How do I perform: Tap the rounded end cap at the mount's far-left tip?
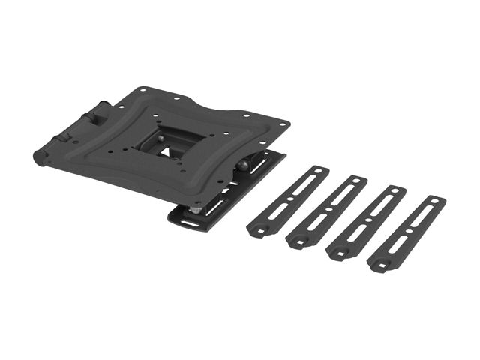[37, 157]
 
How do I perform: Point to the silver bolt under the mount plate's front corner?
[194, 211]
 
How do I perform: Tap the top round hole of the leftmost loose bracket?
[319, 172]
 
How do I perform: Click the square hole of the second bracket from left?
[298, 240]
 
